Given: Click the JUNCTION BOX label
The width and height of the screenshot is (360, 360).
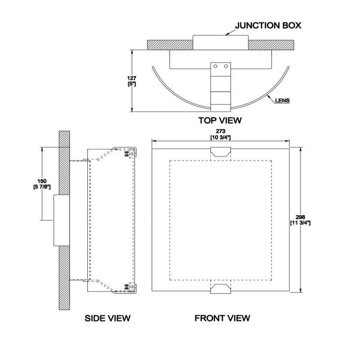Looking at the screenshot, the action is [268, 25].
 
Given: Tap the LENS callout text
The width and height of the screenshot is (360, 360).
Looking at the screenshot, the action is [283, 100].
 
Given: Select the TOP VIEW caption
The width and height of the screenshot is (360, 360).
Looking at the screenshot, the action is [220, 120].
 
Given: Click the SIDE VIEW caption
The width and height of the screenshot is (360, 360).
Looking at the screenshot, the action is [108, 318].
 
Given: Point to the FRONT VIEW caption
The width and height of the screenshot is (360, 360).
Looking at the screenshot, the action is [222, 318].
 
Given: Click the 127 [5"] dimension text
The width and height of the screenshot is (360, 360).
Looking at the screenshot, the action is [132, 81].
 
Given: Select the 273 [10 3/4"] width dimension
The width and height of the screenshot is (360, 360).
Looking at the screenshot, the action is [220, 134].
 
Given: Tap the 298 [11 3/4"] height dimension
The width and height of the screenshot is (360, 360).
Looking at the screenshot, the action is [300, 220].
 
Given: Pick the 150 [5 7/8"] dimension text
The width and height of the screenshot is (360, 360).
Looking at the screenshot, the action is [42, 184].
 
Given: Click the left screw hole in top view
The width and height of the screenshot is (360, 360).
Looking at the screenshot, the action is [216, 66].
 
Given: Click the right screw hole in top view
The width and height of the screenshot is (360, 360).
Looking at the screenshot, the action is [226, 66].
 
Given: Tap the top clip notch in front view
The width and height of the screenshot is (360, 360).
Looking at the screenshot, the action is [220, 152].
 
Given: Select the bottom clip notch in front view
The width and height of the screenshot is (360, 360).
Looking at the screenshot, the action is [220, 288].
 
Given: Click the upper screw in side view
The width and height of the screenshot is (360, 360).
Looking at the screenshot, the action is [126, 154].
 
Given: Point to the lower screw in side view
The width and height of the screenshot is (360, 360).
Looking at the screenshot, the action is [126, 287].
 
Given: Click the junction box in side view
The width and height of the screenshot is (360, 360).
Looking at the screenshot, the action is [62, 220].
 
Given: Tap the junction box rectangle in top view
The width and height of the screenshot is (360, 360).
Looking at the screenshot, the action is [220, 42].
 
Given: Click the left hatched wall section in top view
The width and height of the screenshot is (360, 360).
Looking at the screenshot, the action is [170, 45].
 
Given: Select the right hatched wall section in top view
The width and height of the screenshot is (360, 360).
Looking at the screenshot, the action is [271, 45].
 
